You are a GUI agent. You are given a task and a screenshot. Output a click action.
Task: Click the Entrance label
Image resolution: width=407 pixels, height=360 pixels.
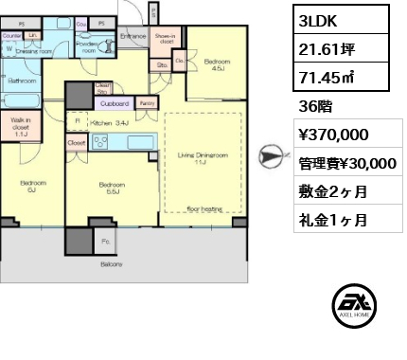tap(132, 35)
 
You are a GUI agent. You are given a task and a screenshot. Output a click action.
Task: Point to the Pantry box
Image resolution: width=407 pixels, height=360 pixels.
tap(147, 102)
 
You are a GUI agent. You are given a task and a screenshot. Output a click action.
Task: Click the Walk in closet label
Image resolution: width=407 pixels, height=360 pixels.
tap(19, 126)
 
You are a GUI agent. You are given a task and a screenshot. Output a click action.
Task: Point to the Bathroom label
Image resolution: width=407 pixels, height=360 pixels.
tap(21, 81)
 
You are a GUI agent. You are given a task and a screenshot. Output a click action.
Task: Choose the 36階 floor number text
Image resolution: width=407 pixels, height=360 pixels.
tap(311, 107)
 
